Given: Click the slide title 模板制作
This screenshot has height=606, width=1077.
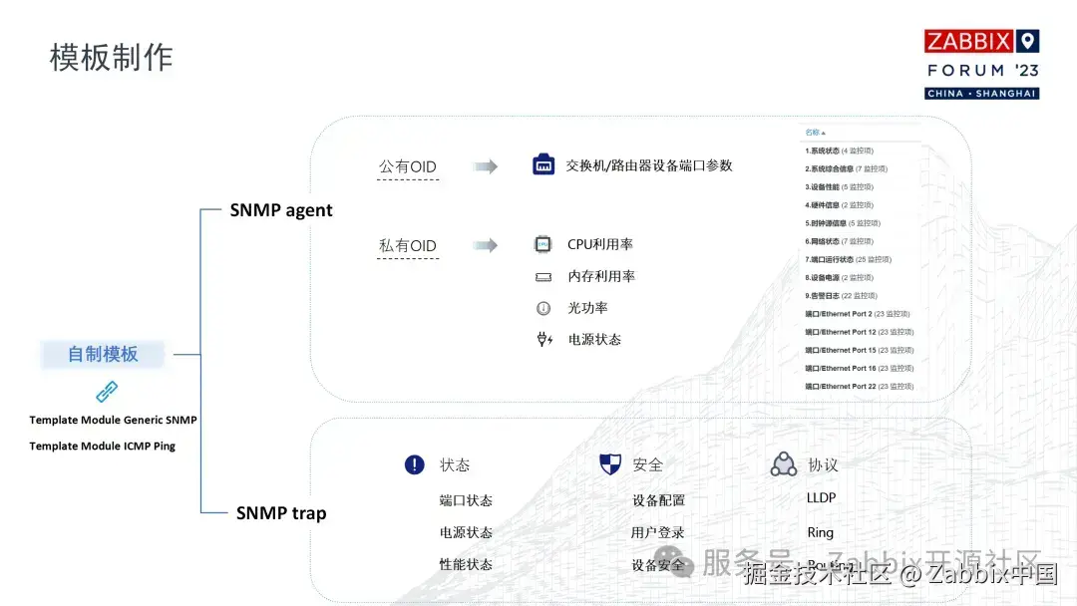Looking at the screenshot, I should pos(112,57).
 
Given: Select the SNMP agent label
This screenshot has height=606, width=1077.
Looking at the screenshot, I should pos(281,210).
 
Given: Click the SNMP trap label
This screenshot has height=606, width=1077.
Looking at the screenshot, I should pos(281,513).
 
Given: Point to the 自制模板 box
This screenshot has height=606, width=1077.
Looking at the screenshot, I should pos(103,354).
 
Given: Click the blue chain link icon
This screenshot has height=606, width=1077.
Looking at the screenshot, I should pos(107,391).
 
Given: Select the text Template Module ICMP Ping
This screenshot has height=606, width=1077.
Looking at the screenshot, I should pos(102,446).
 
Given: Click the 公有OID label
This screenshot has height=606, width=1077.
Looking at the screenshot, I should pos(407,166).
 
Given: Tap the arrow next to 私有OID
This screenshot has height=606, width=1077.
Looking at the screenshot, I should pos(486,245).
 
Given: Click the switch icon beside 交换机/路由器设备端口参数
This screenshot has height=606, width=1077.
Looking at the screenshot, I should pos(543,165).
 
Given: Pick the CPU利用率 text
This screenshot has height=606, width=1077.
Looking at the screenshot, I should pos(600,244).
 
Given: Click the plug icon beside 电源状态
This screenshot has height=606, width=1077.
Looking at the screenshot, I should pos(544,340).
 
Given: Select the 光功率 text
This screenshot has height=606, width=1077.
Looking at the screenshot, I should pos(587,308).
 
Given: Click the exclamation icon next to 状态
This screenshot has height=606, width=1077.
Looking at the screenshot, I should pos(415,464).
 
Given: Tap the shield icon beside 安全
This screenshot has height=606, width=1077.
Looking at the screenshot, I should pos(609,464).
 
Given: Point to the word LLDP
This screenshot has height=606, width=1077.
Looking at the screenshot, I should pos(821,497).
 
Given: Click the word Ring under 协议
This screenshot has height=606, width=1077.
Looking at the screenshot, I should pos(820,532).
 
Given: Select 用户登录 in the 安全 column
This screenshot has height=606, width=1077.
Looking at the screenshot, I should pos(658,532).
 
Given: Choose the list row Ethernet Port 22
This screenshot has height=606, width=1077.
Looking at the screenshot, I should pos(859,386).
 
